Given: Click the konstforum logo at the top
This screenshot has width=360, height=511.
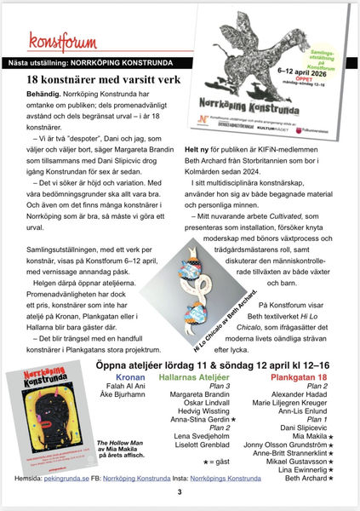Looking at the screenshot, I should point(57,42).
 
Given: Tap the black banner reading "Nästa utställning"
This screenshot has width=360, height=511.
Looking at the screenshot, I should point(111,62).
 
